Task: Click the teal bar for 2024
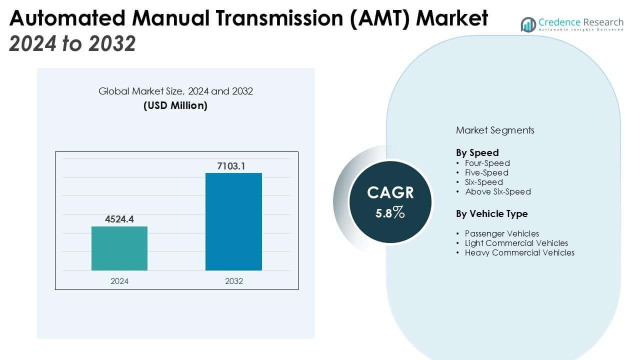[x=119, y=248]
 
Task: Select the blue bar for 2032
[x=233, y=221]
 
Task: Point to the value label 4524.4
[x=119, y=219]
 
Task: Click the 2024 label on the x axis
[x=119, y=281]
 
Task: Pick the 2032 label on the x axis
[x=233, y=281]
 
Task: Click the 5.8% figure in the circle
[x=390, y=212]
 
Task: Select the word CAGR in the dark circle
[x=390, y=192]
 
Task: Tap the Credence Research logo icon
[x=528, y=24]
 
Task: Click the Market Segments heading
[x=495, y=130]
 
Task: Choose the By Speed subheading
[x=477, y=152]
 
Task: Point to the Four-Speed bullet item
[x=487, y=163]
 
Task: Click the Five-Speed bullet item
[x=486, y=172]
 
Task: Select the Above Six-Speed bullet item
[x=497, y=191]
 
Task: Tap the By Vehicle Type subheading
[x=491, y=213]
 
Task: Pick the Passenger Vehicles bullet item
[x=501, y=233]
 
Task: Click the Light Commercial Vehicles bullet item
[x=516, y=243]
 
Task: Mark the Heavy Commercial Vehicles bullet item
[x=519, y=252]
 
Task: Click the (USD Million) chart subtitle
[x=175, y=105]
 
